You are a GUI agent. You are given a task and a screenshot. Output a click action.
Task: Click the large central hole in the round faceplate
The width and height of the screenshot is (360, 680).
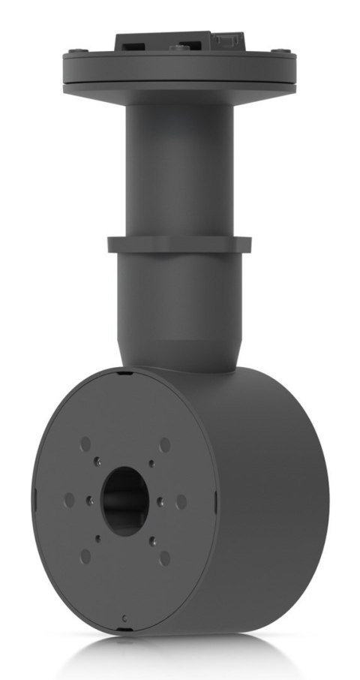(x=124, y=501)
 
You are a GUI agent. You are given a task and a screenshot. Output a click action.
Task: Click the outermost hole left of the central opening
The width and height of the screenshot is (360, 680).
(x=68, y=499)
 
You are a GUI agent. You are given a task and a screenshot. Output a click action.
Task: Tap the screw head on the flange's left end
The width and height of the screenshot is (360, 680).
(x=71, y=51)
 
